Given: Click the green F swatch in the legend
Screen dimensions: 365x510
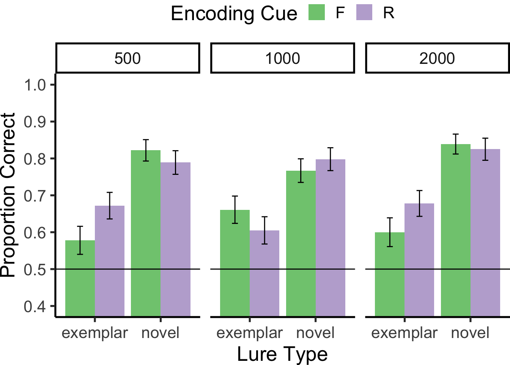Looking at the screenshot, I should [316, 13].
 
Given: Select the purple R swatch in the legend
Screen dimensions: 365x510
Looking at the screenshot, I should [364, 13].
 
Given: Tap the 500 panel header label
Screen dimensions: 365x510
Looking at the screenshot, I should [127, 58].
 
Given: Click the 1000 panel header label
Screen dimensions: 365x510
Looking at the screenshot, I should [282, 58].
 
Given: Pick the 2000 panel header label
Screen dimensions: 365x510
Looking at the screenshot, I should [437, 58].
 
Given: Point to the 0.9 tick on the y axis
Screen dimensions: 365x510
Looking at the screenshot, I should [35, 122].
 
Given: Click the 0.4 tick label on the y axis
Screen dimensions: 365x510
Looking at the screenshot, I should [35, 306].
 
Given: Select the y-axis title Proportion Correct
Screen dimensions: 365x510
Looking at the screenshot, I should [8, 195].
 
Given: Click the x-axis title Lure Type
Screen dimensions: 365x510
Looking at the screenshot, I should [282, 354].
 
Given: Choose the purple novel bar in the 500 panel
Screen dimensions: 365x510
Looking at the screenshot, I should [175, 240].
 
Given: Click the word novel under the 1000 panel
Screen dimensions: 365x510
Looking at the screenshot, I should [315, 333].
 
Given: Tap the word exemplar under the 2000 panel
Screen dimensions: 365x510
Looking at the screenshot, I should [404, 333].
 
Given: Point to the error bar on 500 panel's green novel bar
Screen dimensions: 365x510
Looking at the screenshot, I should [146, 150].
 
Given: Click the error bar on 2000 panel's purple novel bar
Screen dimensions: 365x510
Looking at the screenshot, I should [485, 149].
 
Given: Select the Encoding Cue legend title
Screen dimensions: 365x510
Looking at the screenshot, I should [234, 14].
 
